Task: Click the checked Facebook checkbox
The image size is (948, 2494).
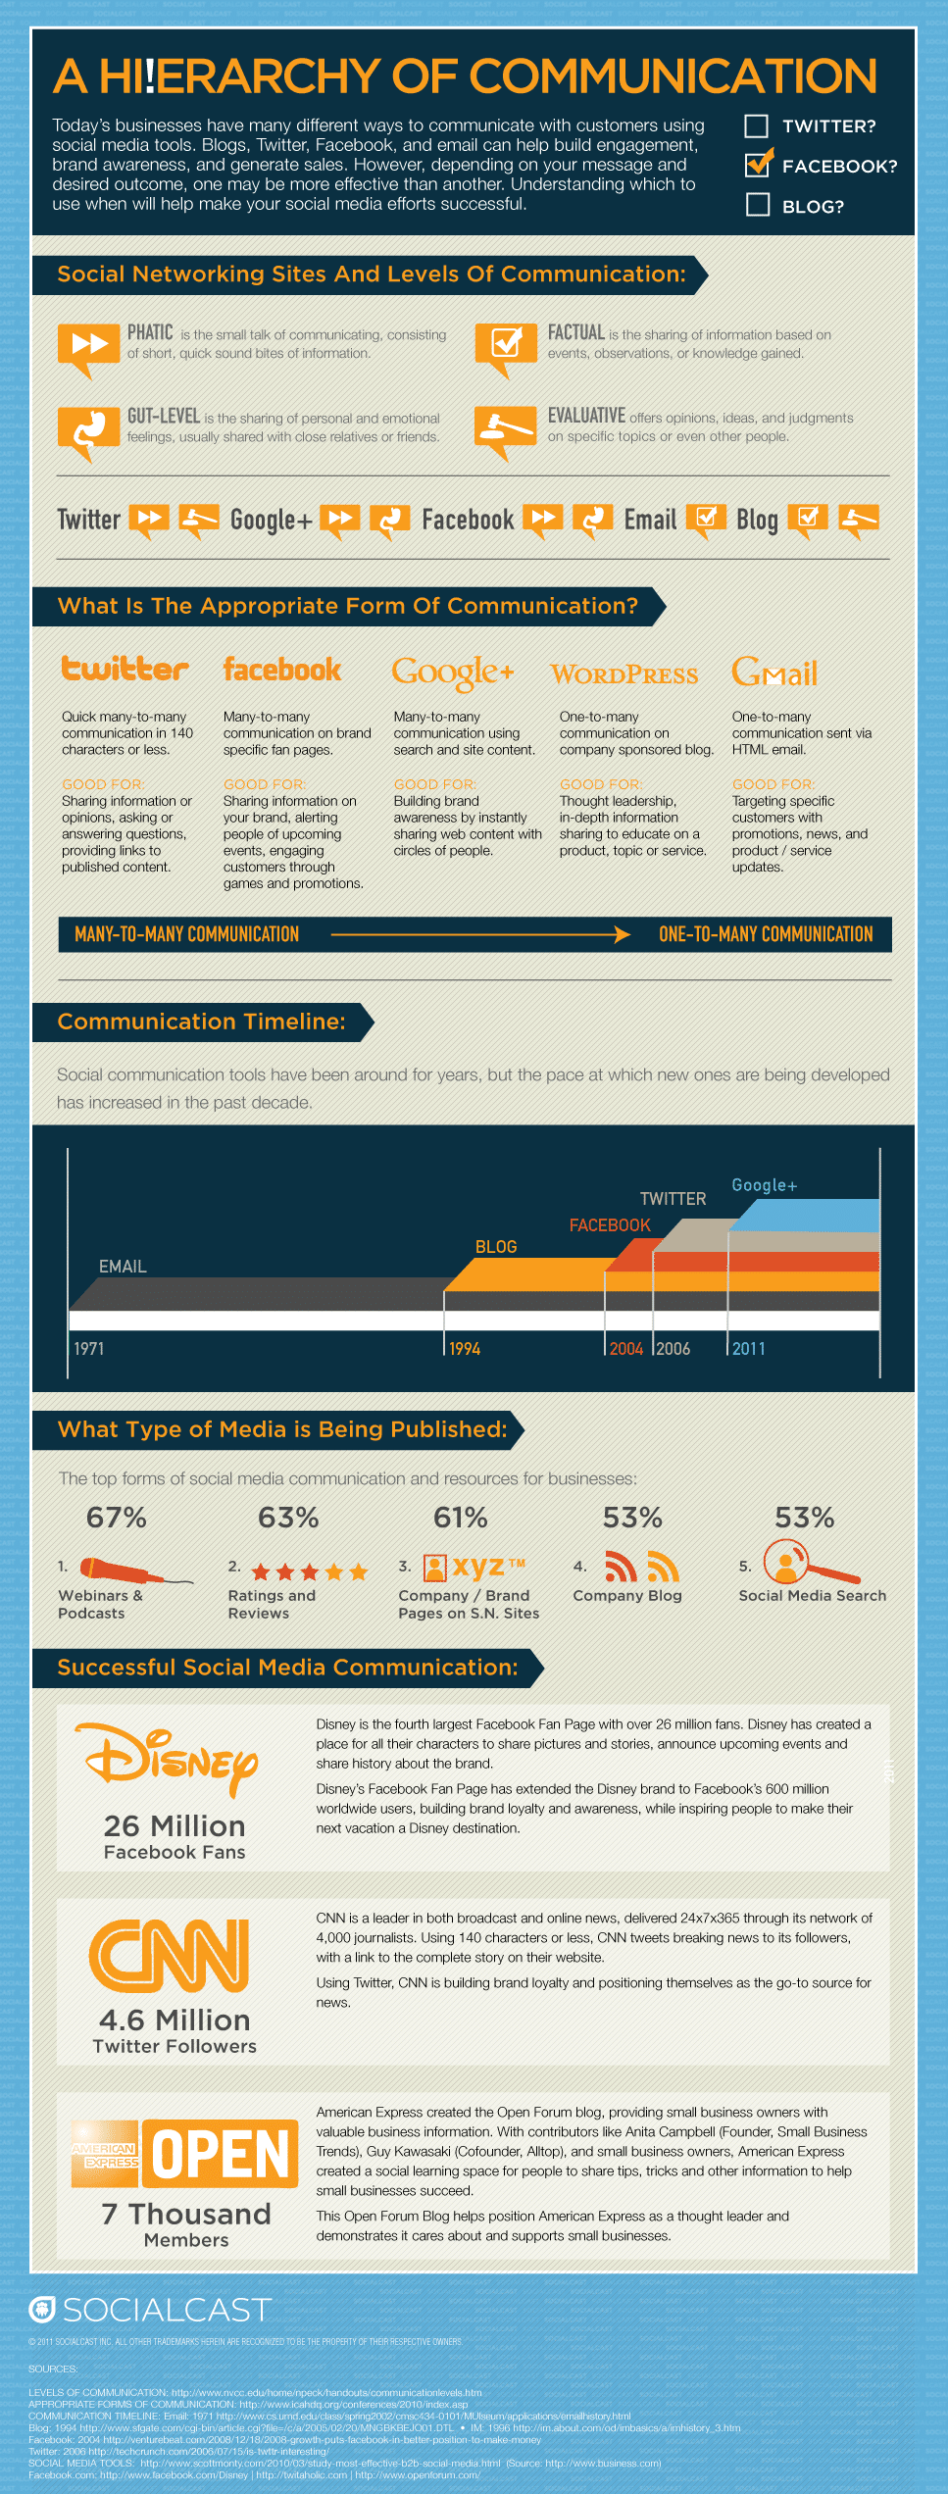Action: click(x=758, y=165)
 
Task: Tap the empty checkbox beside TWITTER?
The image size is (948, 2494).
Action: click(x=757, y=125)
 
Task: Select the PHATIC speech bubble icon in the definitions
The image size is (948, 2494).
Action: click(x=88, y=345)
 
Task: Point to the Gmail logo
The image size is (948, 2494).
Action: click(x=774, y=673)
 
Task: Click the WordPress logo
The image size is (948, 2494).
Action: click(x=624, y=674)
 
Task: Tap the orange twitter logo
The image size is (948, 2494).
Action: click(x=125, y=670)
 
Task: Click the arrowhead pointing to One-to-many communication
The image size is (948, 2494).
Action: click(x=622, y=934)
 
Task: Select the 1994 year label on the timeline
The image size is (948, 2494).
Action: click(x=465, y=1349)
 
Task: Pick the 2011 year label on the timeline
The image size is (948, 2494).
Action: click(x=748, y=1349)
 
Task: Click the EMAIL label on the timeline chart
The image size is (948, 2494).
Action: click(x=123, y=1267)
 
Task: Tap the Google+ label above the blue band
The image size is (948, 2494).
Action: click(x=765, y=1185)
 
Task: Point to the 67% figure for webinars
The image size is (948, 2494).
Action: click(x=117, y=1518)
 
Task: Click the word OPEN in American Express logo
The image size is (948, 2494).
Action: click(x=221, y=2155)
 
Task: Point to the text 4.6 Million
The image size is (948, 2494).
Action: click(x=175, y=2020)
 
